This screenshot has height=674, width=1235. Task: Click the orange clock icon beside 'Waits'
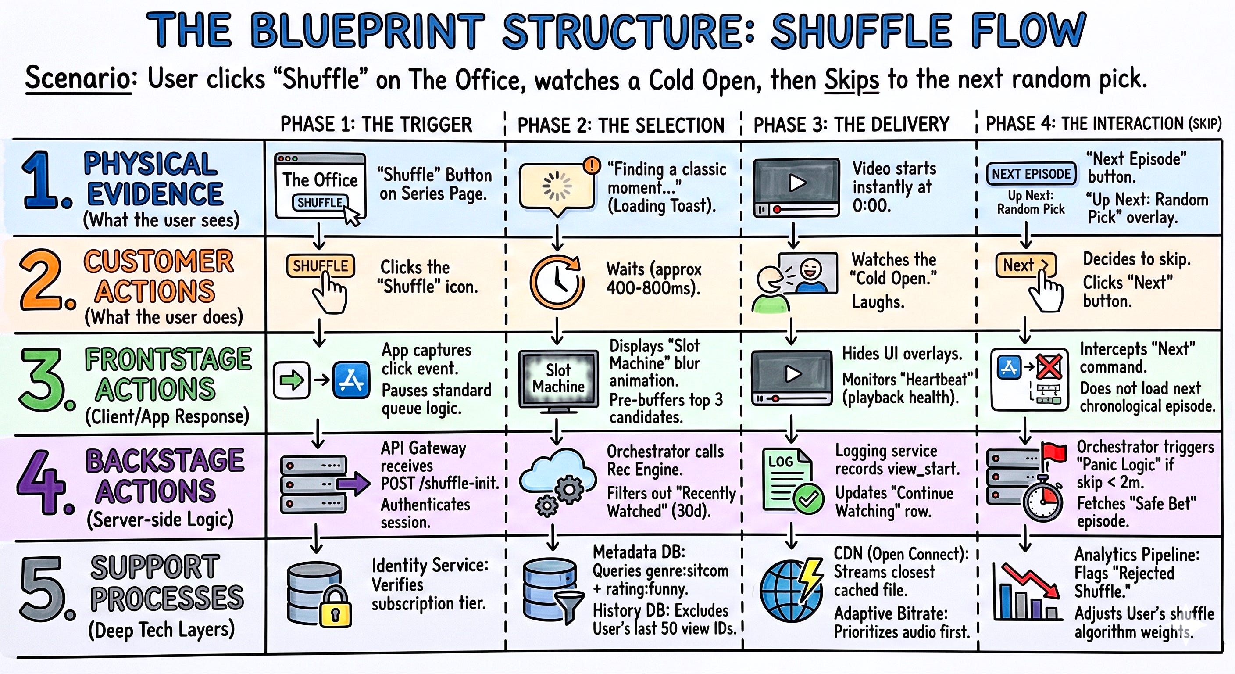coord(557,282)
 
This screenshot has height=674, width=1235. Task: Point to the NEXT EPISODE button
coord(1031,174)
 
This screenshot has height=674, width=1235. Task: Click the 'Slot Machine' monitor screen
coord(559,378)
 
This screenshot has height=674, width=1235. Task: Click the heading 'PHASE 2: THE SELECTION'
coord(621,125)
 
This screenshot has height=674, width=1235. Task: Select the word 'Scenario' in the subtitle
coord(78,78)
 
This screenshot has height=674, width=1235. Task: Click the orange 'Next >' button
coord(1026,265)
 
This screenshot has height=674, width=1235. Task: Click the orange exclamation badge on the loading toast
coord(592,166)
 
